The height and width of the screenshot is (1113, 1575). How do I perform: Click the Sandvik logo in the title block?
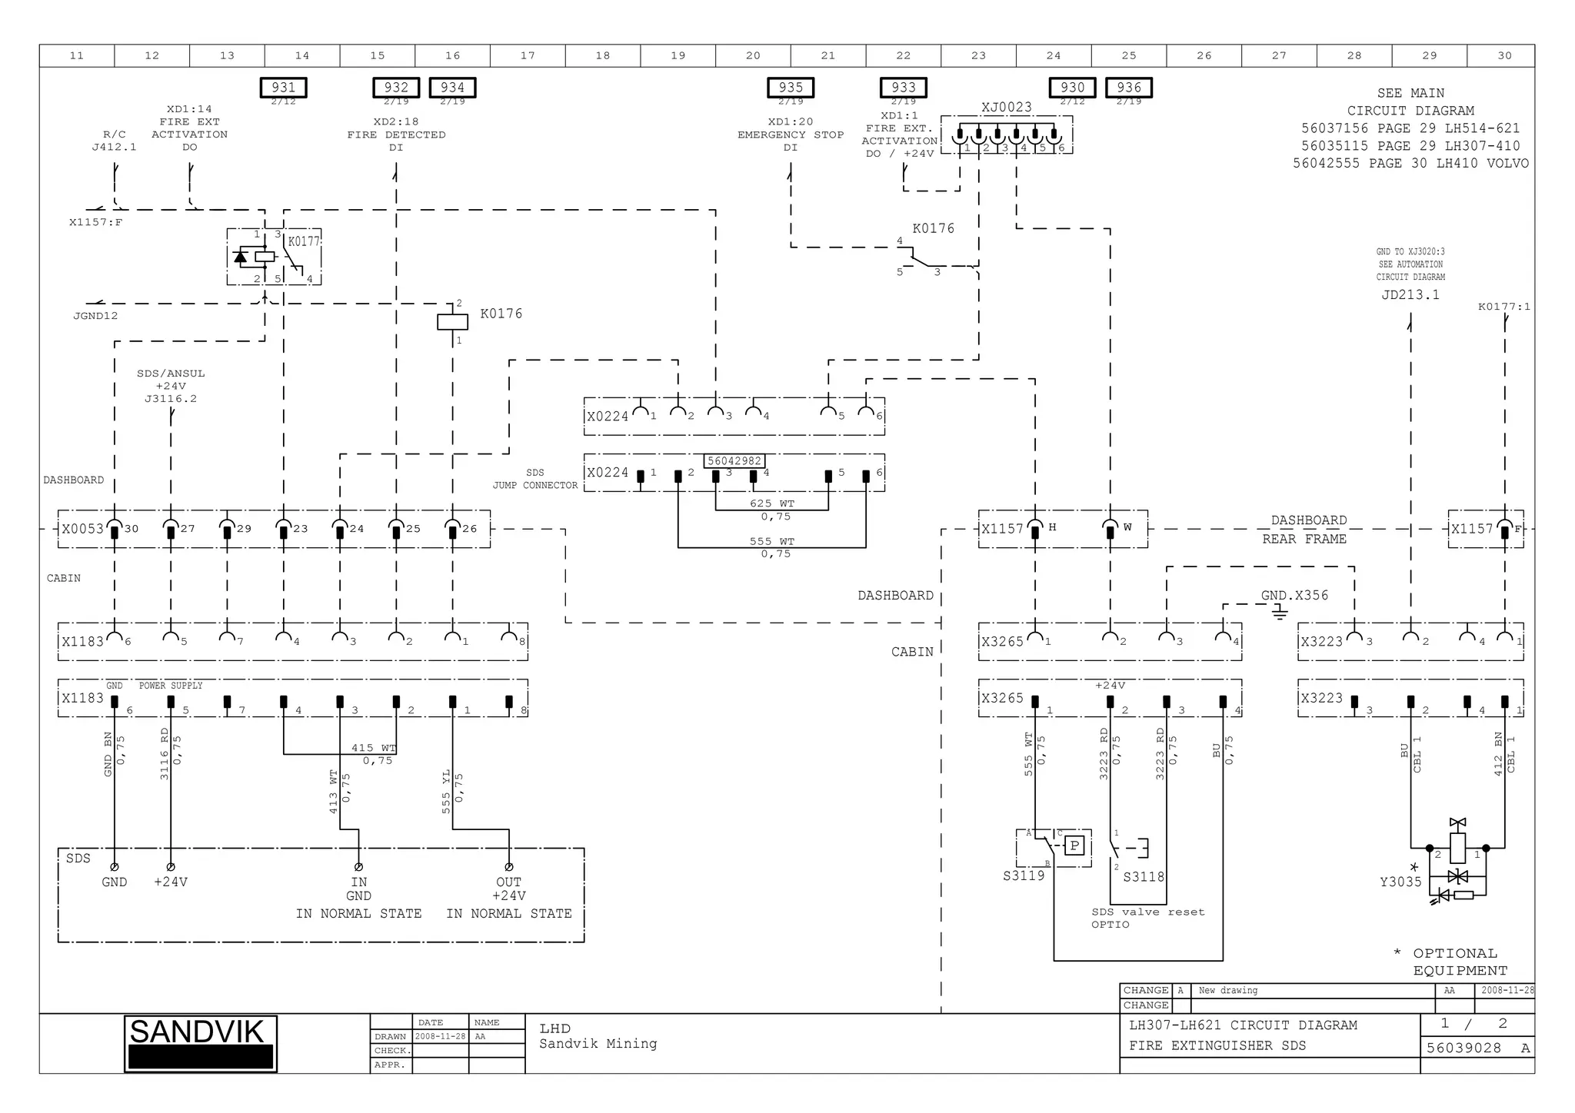coord(200,1043)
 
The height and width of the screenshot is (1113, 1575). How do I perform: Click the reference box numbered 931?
coord(283,88)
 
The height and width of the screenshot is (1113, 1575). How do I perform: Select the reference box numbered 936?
coord(1128,88)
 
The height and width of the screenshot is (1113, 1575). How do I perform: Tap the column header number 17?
coord(528,55)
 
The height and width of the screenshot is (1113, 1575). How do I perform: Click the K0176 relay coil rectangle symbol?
coord(452,321)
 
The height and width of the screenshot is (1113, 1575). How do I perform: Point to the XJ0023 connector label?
coord(1006,107)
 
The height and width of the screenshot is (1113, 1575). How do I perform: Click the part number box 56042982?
coord(734,461)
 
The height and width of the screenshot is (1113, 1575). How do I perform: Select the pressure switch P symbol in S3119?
coord(1074,846)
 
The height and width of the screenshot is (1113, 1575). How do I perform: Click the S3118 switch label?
coord(1144,877)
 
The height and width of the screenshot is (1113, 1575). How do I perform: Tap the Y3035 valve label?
coord(1400,882)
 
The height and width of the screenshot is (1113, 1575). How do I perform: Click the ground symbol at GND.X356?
coord(1279,613)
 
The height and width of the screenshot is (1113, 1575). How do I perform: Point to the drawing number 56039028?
coord(1463,1048)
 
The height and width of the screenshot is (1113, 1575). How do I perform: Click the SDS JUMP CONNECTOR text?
coord(535,479)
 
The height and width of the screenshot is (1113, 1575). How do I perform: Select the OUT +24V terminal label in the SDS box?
coord(508,889)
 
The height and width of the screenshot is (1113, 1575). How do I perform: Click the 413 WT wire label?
coord(333,792)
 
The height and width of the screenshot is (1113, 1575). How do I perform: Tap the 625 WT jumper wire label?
coord(772,503)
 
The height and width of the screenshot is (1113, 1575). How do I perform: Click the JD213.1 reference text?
coord(1410,294)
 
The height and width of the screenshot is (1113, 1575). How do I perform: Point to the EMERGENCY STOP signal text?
coord(791,135)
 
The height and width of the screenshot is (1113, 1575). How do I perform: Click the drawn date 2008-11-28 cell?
coord(440,1036)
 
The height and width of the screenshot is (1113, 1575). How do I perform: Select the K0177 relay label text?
coord(303,241)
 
